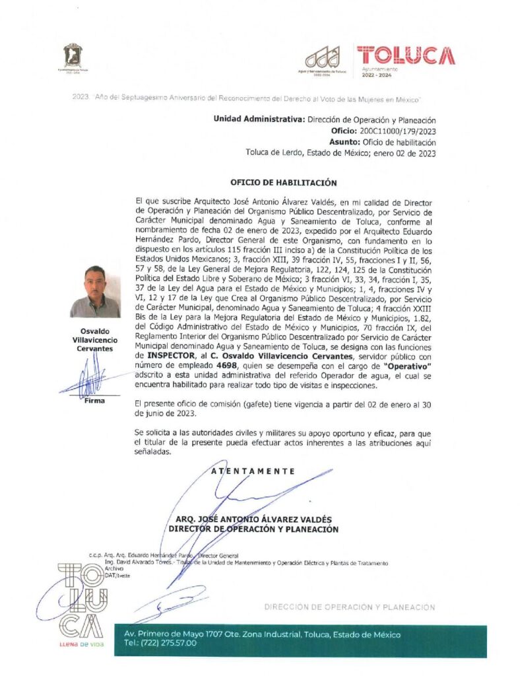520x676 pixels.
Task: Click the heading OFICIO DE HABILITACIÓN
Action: [283, 182]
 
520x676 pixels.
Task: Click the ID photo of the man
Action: [95, 291]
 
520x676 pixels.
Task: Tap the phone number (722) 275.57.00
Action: [160, 643]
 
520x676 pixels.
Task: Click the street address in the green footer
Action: [262, 634]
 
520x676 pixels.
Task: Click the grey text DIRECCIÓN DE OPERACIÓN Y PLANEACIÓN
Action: [350, 607]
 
